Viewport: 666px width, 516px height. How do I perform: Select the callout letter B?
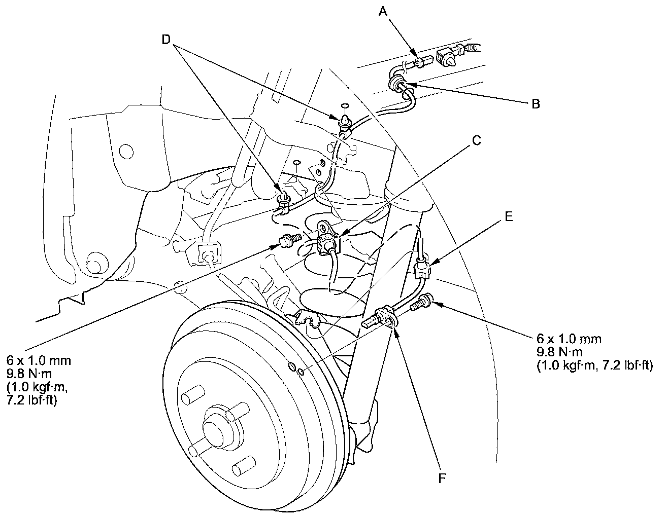click(535, 104)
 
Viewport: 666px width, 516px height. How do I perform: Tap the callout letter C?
click(476, 140)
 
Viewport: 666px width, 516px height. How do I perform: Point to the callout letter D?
click(166, 40)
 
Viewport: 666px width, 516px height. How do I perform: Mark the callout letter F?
click(442, 477)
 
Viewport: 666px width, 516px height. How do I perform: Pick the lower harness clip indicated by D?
click(283, 197)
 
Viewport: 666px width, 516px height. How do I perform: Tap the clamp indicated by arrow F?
click(387, 317)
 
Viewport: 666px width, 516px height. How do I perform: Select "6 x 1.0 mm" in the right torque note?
click(563, 338)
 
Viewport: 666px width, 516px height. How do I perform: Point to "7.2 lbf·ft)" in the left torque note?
click(31, 400)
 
